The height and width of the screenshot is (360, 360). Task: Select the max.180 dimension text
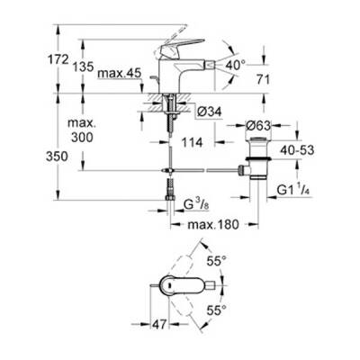215,224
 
